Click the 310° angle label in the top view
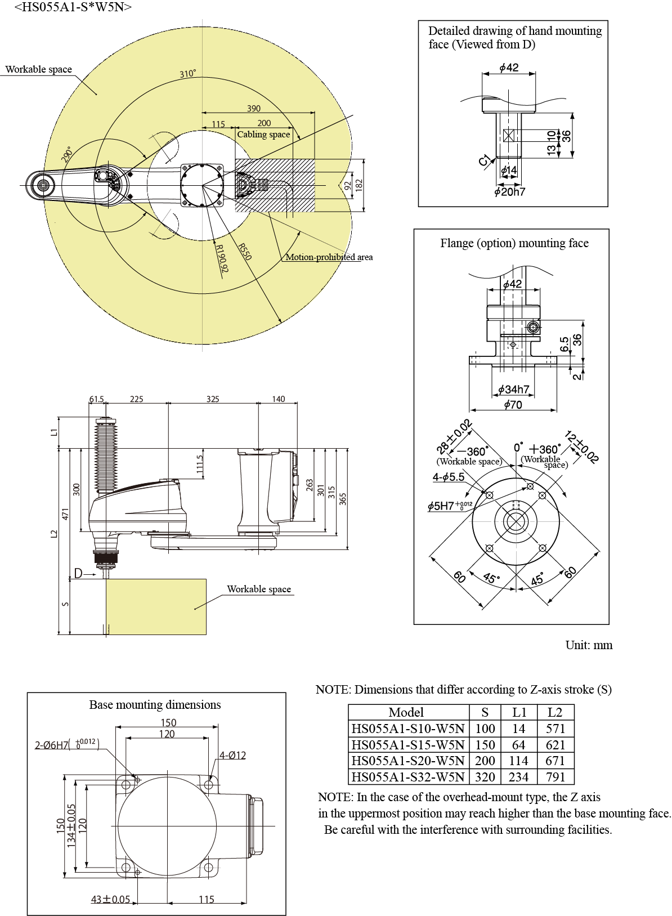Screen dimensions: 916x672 point(188,74)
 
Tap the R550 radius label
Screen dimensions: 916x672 point(244,252)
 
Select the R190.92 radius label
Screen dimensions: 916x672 point(222,258)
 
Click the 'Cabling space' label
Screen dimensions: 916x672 point(263,135)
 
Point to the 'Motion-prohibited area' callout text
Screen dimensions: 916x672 point(329,257)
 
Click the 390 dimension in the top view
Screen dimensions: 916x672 point(254,108)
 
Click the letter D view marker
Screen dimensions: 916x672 point(78,573)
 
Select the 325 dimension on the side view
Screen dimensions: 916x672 point(213,399)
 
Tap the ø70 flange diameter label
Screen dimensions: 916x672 point(513,405)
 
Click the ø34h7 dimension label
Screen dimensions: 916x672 point(513,390)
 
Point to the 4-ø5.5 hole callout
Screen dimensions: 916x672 point(449,477)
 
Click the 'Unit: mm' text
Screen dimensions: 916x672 point(589,645)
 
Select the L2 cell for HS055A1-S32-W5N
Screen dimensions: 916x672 point(555,777)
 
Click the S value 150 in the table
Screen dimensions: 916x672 point(485,745)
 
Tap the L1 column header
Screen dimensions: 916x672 point(519,712)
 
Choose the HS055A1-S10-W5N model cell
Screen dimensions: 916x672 point(408,729)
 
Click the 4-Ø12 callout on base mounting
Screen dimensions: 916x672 point(232,756)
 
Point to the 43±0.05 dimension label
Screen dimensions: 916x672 point(110,900)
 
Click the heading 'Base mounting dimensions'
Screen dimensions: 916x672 point(155,705)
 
